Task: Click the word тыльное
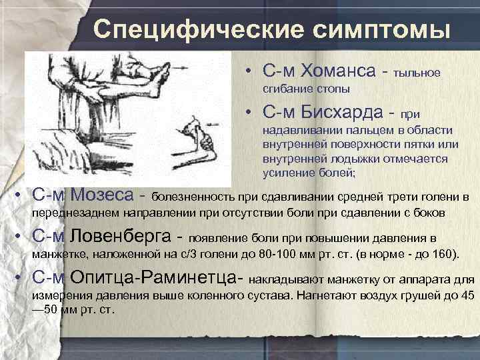pos(417,73)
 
